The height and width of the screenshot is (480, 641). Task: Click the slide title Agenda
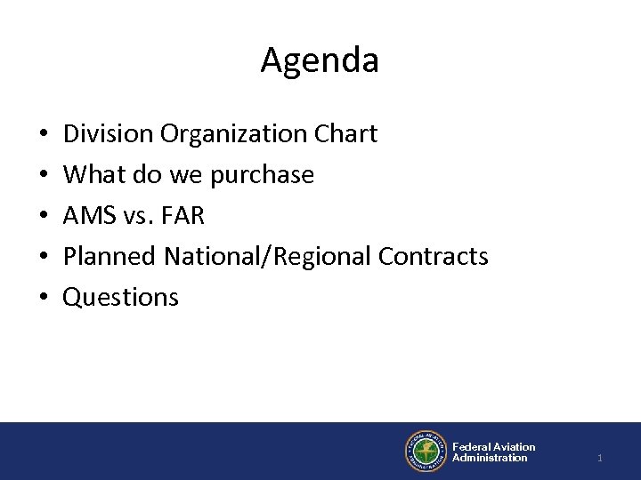(x=320, y=61)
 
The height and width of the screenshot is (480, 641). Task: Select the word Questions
(x=120, y=298)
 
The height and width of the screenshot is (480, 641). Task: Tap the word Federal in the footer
(x=472, y=446)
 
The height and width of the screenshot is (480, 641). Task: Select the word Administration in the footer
(x=490, y=457)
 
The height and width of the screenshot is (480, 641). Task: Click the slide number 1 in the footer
(x=600, y=457)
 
